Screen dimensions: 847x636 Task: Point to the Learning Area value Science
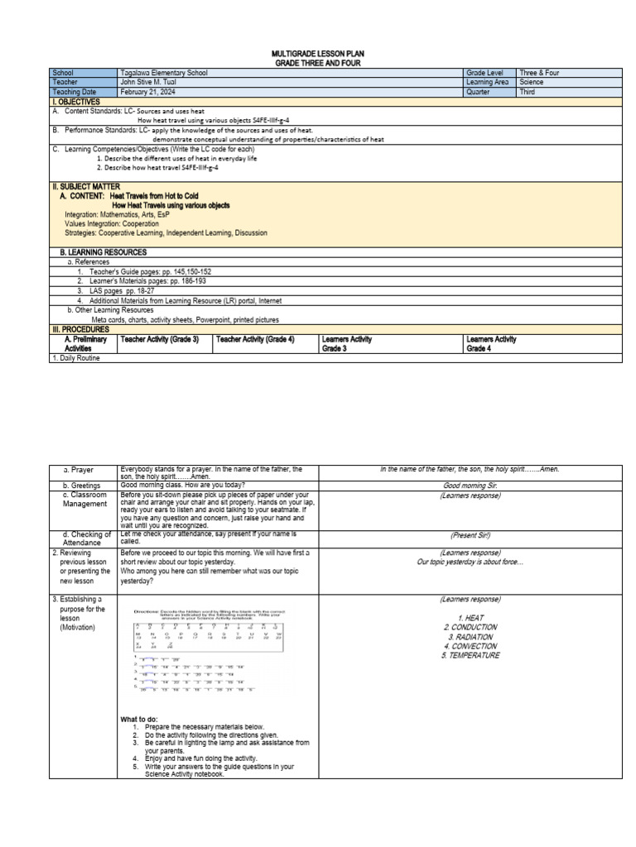click(x=532, y=83)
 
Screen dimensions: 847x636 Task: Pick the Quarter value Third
click(x=528, y=92)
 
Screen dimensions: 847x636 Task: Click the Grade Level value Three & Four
click(x=539, y=73)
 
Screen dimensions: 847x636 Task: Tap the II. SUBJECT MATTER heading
click(x=85, y=187)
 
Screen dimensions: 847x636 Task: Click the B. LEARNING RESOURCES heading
click(x=104, y=251)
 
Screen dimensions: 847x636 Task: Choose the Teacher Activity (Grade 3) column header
click(x=160, y=339)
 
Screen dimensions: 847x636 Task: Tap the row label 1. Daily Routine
click(x=80, y=358)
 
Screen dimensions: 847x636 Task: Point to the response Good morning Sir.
click(x=470, y=486)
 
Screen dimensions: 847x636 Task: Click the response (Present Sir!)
click(x=470, y=535)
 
